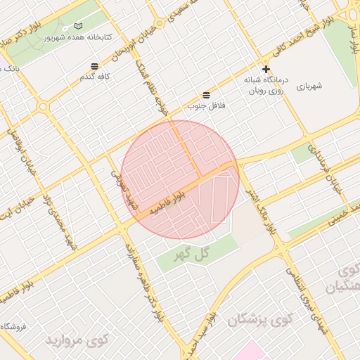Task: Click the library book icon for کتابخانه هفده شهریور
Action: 77,26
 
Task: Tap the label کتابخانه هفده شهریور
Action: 73,37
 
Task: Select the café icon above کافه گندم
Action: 94,66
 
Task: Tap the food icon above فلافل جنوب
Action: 206,95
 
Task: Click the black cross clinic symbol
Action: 266,70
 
